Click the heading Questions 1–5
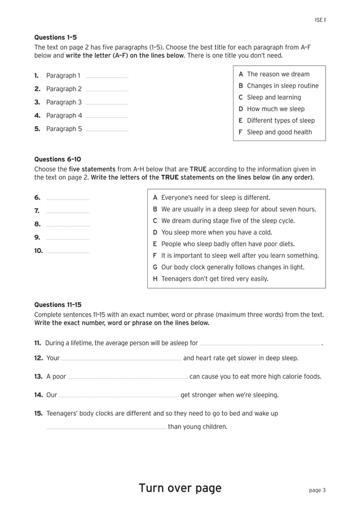[55, 37]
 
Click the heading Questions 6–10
[58, 159]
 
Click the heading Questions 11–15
[58, 305]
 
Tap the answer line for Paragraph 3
[107, 103]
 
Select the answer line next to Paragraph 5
[107, 130]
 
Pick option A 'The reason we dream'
[274, 74]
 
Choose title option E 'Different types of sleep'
[276, 120]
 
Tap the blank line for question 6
[67, 199]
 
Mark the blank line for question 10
[67, 252]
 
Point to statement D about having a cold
[212, 232]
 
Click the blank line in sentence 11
[260, 344]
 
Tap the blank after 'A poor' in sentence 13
[128, 378]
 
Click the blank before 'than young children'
[106, 428]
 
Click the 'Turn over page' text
[180, 488]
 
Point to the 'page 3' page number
[317, 490]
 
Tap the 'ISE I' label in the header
[320, 20]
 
